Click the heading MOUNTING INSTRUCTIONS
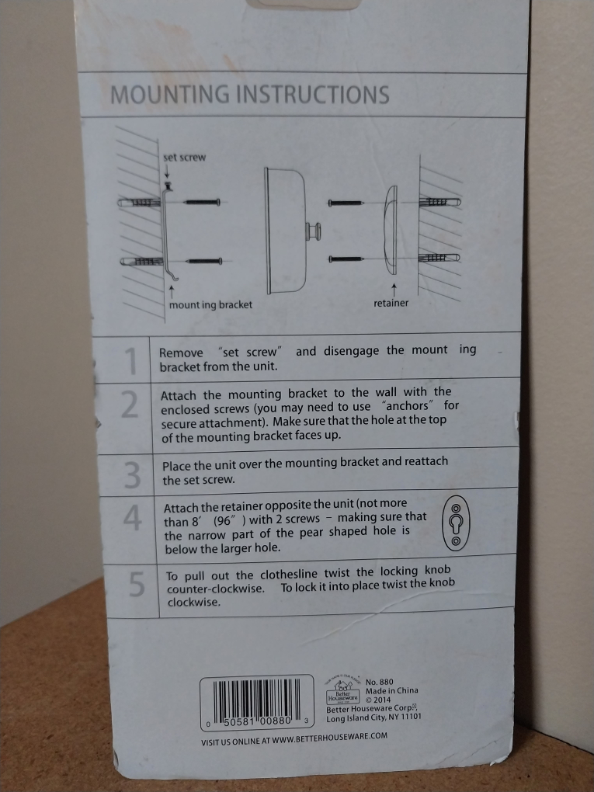pyautogui.click(x=249, y=96)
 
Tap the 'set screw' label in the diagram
pyautogui.click(x=184, y=158)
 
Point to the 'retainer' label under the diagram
pyautogui.click(x=391, y=303)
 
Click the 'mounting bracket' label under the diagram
pyautogui.click(x=210, y=304)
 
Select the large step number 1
pyautogui.click(x=130, y=360)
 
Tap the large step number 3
pyautogui.click(x=133, y=473)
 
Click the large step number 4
pyautogui.click(x=133, y=519)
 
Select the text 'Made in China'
pyautogui.click(x=391, y=691)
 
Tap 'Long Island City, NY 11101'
pyautogui.click(x=373, y=717)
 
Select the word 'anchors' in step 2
pyautogui.click(x=411, y=406)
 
